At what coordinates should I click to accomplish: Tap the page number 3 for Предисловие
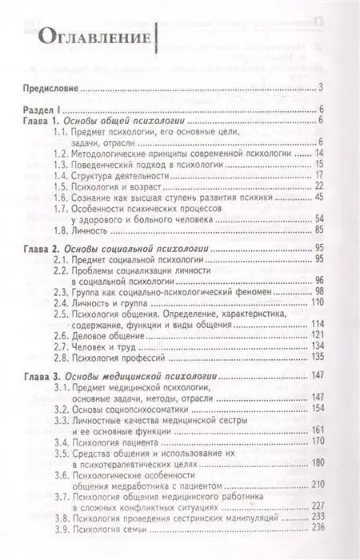click(319, 87)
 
